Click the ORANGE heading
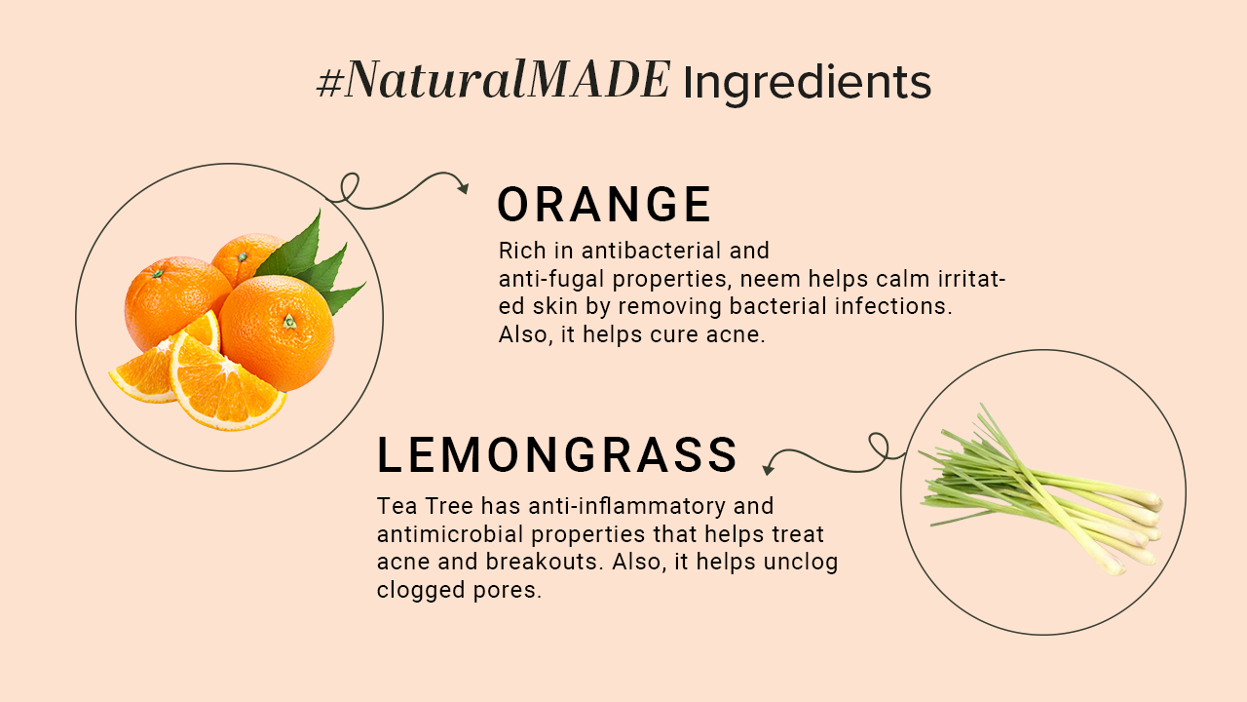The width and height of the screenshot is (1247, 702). pos(604,206)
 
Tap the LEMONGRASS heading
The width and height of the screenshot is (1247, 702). pos(557,455)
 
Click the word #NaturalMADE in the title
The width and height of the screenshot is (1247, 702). pos(493,81)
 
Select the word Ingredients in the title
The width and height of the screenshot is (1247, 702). pos(807,83)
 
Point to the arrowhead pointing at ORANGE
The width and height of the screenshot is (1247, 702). pos(463,186)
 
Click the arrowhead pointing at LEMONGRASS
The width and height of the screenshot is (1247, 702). pos(768,468)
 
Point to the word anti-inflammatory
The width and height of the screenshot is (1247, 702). pos(612,507)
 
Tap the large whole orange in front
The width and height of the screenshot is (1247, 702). pos(277,331)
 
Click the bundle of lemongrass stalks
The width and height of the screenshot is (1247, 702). pos(1042,492)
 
